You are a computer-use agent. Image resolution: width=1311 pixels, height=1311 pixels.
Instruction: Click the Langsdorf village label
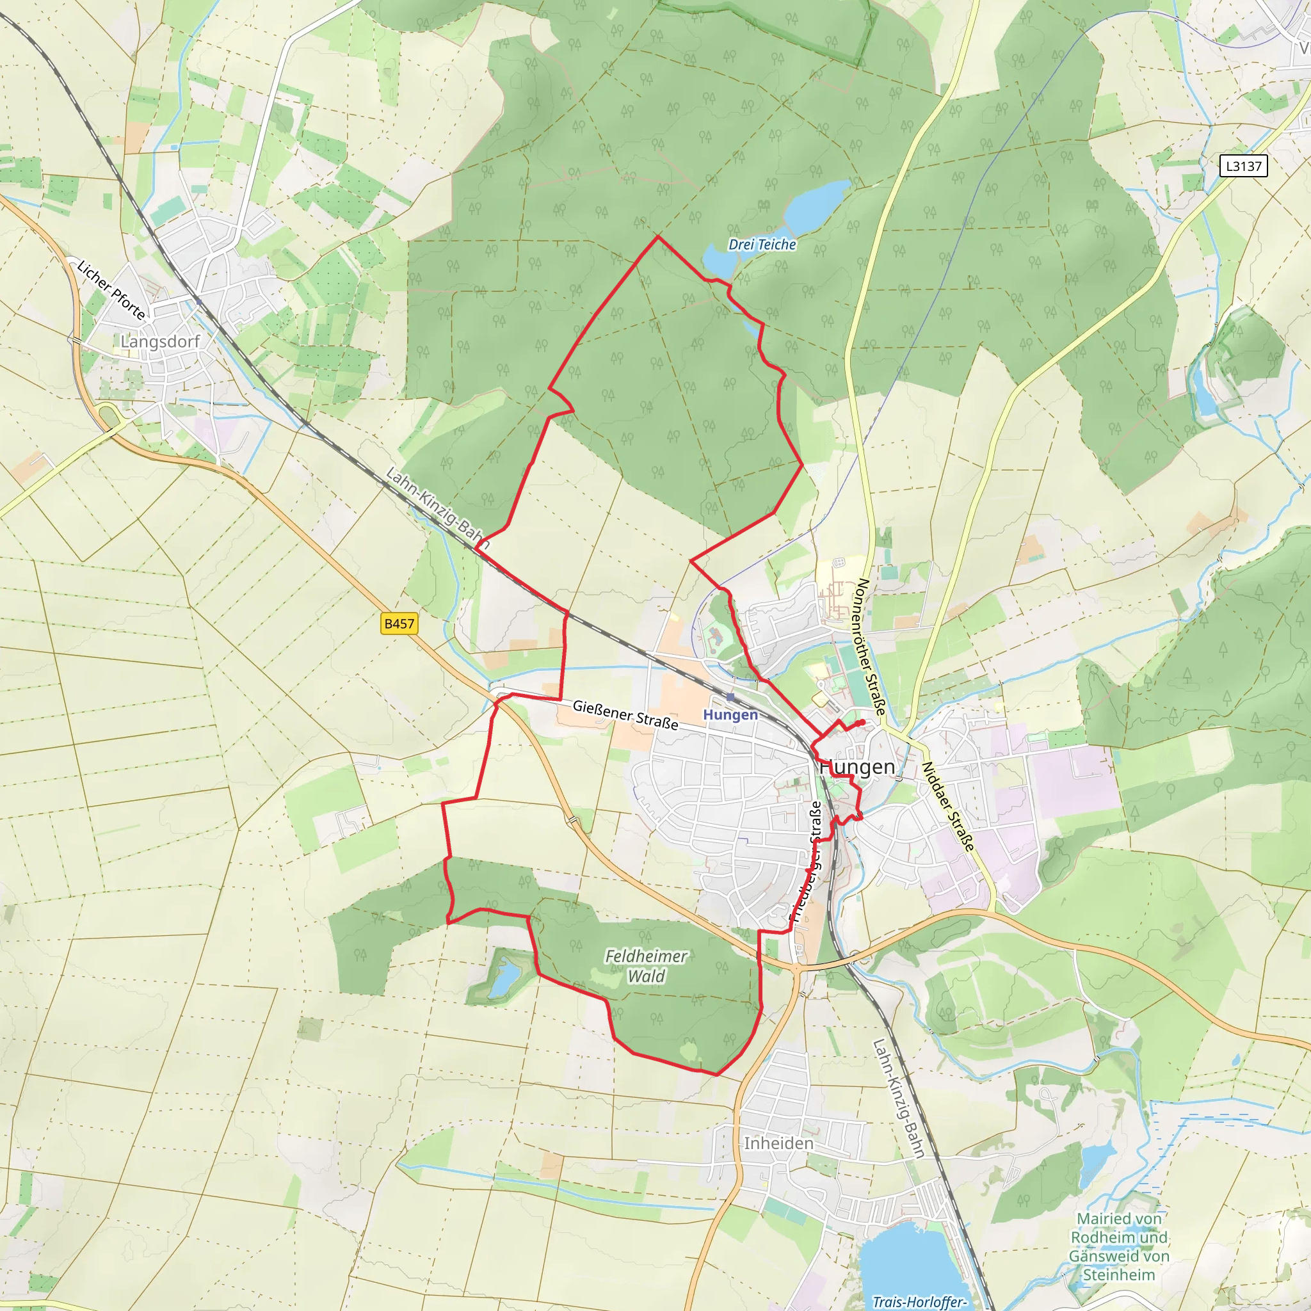click(160, 341)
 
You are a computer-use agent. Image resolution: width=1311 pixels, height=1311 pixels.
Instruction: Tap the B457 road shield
click(399, 623)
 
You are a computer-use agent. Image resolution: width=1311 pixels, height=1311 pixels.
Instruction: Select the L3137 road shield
click(1243, 166)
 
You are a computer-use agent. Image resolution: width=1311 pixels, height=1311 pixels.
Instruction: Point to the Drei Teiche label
click(762, 245)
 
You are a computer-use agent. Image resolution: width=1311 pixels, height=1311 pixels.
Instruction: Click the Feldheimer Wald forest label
click(646, 966)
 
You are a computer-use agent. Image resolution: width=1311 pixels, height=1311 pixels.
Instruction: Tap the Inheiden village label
click(778, 1143)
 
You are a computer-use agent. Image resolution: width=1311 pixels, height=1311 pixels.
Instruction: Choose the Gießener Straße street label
click(625, 714)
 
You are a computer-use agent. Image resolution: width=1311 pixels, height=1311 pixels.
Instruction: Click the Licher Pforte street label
click(111, 290)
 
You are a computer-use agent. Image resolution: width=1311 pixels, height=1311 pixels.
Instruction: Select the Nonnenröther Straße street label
click(871, 647)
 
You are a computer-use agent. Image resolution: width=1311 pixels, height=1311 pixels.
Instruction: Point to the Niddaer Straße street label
click(948, 806)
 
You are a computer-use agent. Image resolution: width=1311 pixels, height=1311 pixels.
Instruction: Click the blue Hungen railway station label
click(730, 714)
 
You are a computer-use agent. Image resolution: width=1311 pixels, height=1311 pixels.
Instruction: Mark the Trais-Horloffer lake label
click(919, 1301)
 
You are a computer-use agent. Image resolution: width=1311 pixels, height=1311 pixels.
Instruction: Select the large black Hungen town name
click(858, 767)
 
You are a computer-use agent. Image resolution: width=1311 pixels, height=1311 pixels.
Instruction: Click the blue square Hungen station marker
click(730, 697)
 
